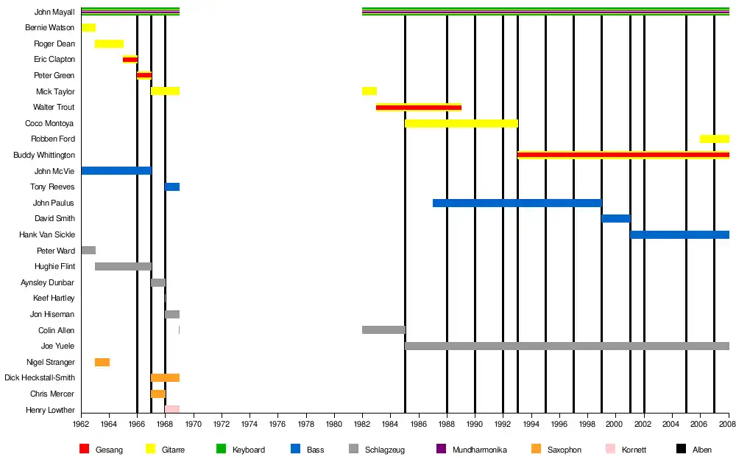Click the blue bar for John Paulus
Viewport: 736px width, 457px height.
(517, 203)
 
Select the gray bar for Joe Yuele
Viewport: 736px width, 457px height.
(567, 346)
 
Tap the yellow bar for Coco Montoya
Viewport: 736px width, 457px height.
(461, 123)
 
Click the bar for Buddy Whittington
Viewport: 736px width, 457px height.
(623, 155)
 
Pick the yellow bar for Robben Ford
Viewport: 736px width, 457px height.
(714, 139)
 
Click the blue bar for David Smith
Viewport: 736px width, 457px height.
(616, 218)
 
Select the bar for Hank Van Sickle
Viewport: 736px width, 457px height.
(679, 234)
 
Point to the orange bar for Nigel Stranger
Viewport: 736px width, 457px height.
(102, 362)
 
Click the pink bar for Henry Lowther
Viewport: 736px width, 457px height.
(172, 409)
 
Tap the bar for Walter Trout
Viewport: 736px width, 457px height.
(419, 107)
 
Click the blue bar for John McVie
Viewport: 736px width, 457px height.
(116, 170)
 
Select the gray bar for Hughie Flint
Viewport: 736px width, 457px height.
(123, 266)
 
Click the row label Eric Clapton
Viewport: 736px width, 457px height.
(54, 60)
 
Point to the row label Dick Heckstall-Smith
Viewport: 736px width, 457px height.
(39, 377)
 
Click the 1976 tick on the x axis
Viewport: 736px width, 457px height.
(277, 414)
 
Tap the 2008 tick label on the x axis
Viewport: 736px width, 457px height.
(728, 424)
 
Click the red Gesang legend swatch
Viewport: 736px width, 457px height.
(84, 449)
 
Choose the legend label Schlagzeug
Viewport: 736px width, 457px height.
(384, 450)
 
